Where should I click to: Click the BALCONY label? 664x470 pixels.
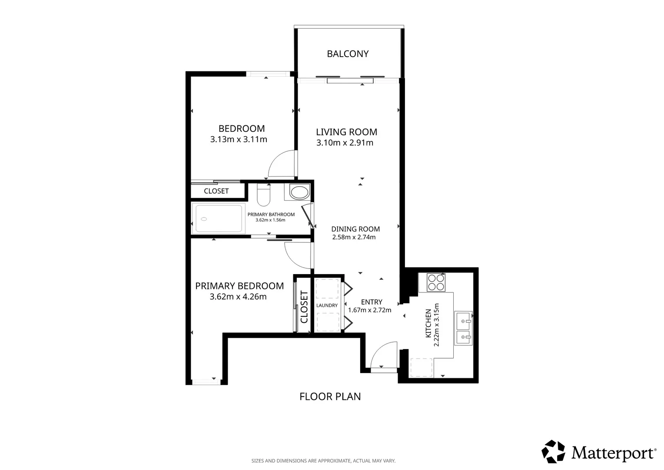[348, 54]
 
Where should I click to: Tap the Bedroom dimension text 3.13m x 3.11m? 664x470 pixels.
[239, 139]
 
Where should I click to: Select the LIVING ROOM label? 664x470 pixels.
[346, 132]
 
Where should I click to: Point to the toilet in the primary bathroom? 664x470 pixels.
[263, 195]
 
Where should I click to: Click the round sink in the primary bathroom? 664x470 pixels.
[299, 192]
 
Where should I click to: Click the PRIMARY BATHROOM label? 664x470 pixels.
[271, 215]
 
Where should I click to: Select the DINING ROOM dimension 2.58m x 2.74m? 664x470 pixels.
[354, 237]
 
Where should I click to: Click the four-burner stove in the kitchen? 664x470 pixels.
[436, 282]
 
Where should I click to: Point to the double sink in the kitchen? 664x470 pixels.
[463, 328]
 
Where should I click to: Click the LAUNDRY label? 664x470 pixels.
[327, 305]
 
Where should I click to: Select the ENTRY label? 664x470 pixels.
[372, 302]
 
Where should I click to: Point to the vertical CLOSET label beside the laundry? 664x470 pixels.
[304, 307]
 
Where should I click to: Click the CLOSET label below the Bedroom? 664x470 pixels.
[216, 191]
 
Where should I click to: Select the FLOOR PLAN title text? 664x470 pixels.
[330, 396]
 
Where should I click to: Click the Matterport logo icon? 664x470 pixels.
[553, 452]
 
